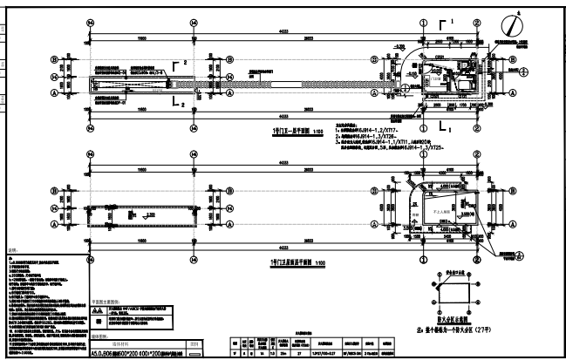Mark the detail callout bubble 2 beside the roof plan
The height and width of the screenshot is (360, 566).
(521, 255)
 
